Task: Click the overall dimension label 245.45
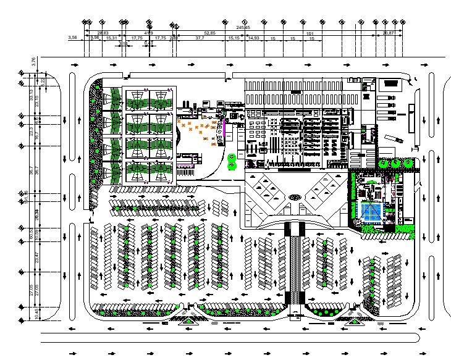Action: click(243, 28)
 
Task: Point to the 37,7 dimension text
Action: click(200, 38)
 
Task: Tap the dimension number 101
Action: click(311, 33)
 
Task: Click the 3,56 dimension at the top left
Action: click(72, 38)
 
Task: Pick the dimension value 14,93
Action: click(253, 38)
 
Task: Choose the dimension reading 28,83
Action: click(103, 33)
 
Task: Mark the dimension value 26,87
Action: click(389, 33)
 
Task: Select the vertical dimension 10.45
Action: click(36, 314)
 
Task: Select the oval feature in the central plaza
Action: click(295, 197)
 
